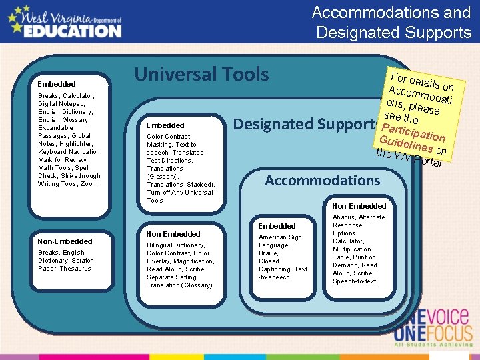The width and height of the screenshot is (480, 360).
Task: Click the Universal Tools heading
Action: [x=201, y=75]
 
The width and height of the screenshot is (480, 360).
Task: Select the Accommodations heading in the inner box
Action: [x=322, y=180]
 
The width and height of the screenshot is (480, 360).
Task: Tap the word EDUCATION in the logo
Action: [x=73, y=30]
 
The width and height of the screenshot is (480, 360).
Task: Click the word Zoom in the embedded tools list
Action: [x=89, y=184]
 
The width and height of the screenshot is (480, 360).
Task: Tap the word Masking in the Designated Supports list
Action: [x=159, y=145]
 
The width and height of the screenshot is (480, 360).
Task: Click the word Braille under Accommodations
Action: [x=269, y=253]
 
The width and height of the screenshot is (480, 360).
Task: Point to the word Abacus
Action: [x=344, y=217]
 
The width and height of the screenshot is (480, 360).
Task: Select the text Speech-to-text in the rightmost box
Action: [x=354, y=281]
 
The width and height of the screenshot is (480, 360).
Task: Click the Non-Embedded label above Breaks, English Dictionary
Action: [x=65, y=241]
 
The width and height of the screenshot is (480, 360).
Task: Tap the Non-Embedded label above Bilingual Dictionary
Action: [x=173, y=234]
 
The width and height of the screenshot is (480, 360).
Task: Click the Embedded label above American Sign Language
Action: [x=277, y=226]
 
